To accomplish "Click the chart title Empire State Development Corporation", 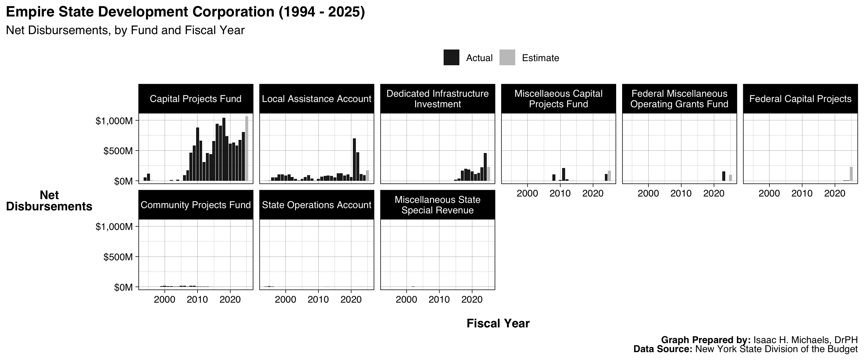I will pos(185,12).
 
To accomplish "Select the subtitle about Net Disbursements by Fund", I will pos(125,30).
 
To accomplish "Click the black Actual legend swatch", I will pos(451,58).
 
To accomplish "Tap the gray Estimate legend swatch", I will pos(507,58).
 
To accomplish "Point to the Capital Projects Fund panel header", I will pos(195,99).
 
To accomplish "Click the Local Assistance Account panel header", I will pos(316,99).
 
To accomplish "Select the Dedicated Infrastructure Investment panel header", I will pos(437,99).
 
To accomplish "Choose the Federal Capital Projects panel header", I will pos(800,99).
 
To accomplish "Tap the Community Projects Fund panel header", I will pos(195,205).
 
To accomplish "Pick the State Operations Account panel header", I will pos(316,205).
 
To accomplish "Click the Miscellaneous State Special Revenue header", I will pos(437,205).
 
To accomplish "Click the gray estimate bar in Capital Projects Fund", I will pos(247,149).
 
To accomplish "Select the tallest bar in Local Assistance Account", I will pos(354,160).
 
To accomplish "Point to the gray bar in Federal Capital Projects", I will pos(851,174).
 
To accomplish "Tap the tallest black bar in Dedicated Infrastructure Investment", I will pos(485,167).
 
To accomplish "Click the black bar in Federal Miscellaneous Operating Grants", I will pos(724,176).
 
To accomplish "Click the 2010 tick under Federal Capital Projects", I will pos(802,193).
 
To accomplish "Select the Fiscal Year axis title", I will pos(498,323).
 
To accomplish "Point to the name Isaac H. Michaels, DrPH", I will pos(805,340).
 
